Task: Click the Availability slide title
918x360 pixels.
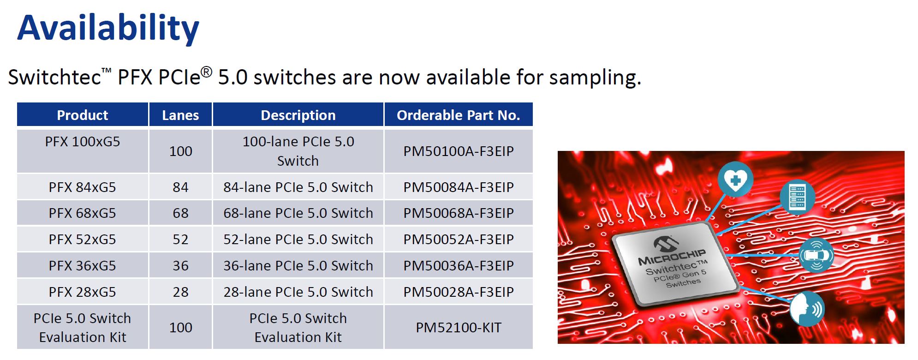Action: pyautogui.click(x=108, y=29)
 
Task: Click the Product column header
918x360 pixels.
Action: pyautogui.click(x=83, y=115)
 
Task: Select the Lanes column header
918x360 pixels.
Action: pyautogui.click(x=180, y=115)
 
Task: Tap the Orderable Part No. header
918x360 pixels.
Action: pyautogui.click(x=458, y=115)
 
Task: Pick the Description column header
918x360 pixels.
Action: pyautogui.click(x=298, y=115)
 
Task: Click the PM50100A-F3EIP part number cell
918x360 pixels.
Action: pyautogui.click(x=459, y=151)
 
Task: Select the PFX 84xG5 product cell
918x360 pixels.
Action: pyautogui.click(x=83, y=187)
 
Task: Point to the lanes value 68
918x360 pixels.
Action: pyautogui.click(x=180, y=213)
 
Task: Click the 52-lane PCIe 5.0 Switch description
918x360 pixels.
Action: pyautogui.click(x=298, y=240)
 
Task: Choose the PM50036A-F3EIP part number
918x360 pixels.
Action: pyautogui.click(x=459, y=266)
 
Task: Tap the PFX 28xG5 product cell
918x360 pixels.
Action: pyautogui.click(x=83, y=292)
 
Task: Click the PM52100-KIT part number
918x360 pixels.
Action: pyautogui.click(x=459, y=328)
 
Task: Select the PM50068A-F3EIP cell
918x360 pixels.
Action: pyautogui.click(x=459, y=213)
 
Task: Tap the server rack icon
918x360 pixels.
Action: pyautogui.click(x=797, y=197)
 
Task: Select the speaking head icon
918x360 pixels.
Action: pyautogui.click(x=807, y=309)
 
